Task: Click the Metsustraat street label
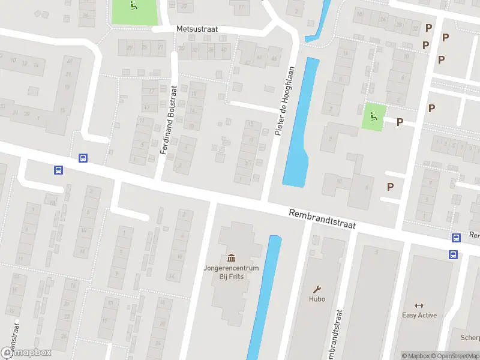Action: (196, 28)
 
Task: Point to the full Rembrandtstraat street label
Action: (322, 220)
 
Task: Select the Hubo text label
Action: (317, 299)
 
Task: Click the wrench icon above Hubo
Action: (317, 288)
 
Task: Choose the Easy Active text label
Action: (419, 315)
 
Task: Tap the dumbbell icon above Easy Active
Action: (419, 305)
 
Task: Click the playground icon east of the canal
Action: (374, 116)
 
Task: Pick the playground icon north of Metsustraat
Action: (133, 7)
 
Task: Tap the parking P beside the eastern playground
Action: (399, 122)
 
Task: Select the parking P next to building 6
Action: (390, 187)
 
